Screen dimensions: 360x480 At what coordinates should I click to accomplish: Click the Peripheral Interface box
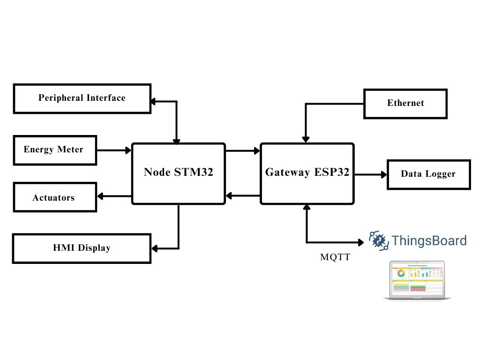(x=82, y=98)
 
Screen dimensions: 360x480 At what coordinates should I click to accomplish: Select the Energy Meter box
(x=55, y=150)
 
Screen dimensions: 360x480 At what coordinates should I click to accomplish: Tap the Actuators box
(x=55, y=197)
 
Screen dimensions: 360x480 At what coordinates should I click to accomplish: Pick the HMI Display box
(x=82, y=248)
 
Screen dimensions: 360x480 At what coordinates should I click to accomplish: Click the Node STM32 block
(x=178, y=173)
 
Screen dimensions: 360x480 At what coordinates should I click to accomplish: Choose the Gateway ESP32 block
(x=307, y=173)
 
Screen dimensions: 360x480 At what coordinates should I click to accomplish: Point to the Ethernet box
(x=405, y=103)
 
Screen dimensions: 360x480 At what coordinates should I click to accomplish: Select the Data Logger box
(x=428, y=174)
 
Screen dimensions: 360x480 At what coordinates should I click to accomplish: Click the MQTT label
(x=335, y=257)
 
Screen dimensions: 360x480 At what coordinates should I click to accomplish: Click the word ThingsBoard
(x=429, y=241)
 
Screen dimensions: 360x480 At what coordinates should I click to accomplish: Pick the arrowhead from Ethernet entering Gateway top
(x=306, y=140)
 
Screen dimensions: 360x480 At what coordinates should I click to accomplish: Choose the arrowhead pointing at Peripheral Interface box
(x=153, y=101)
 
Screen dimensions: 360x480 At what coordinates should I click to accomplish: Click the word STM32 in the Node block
(x=194, y=172)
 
